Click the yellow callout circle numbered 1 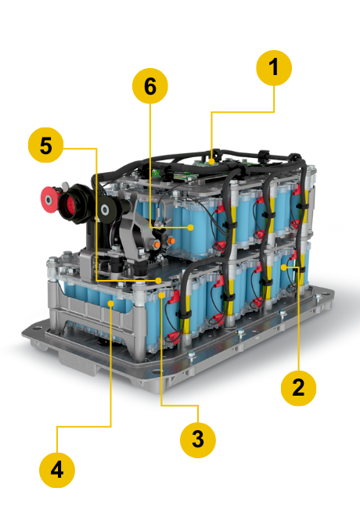click(273, 69)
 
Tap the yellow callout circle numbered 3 click(197, 439)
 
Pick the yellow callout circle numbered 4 click(57, 470)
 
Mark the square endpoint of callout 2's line click(298, 267)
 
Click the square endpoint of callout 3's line click(161, 296)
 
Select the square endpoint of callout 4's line click(111, 302)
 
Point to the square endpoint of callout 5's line click(158, 279)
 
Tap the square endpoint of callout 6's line click(192, 227)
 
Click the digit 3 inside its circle click(197, 439)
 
